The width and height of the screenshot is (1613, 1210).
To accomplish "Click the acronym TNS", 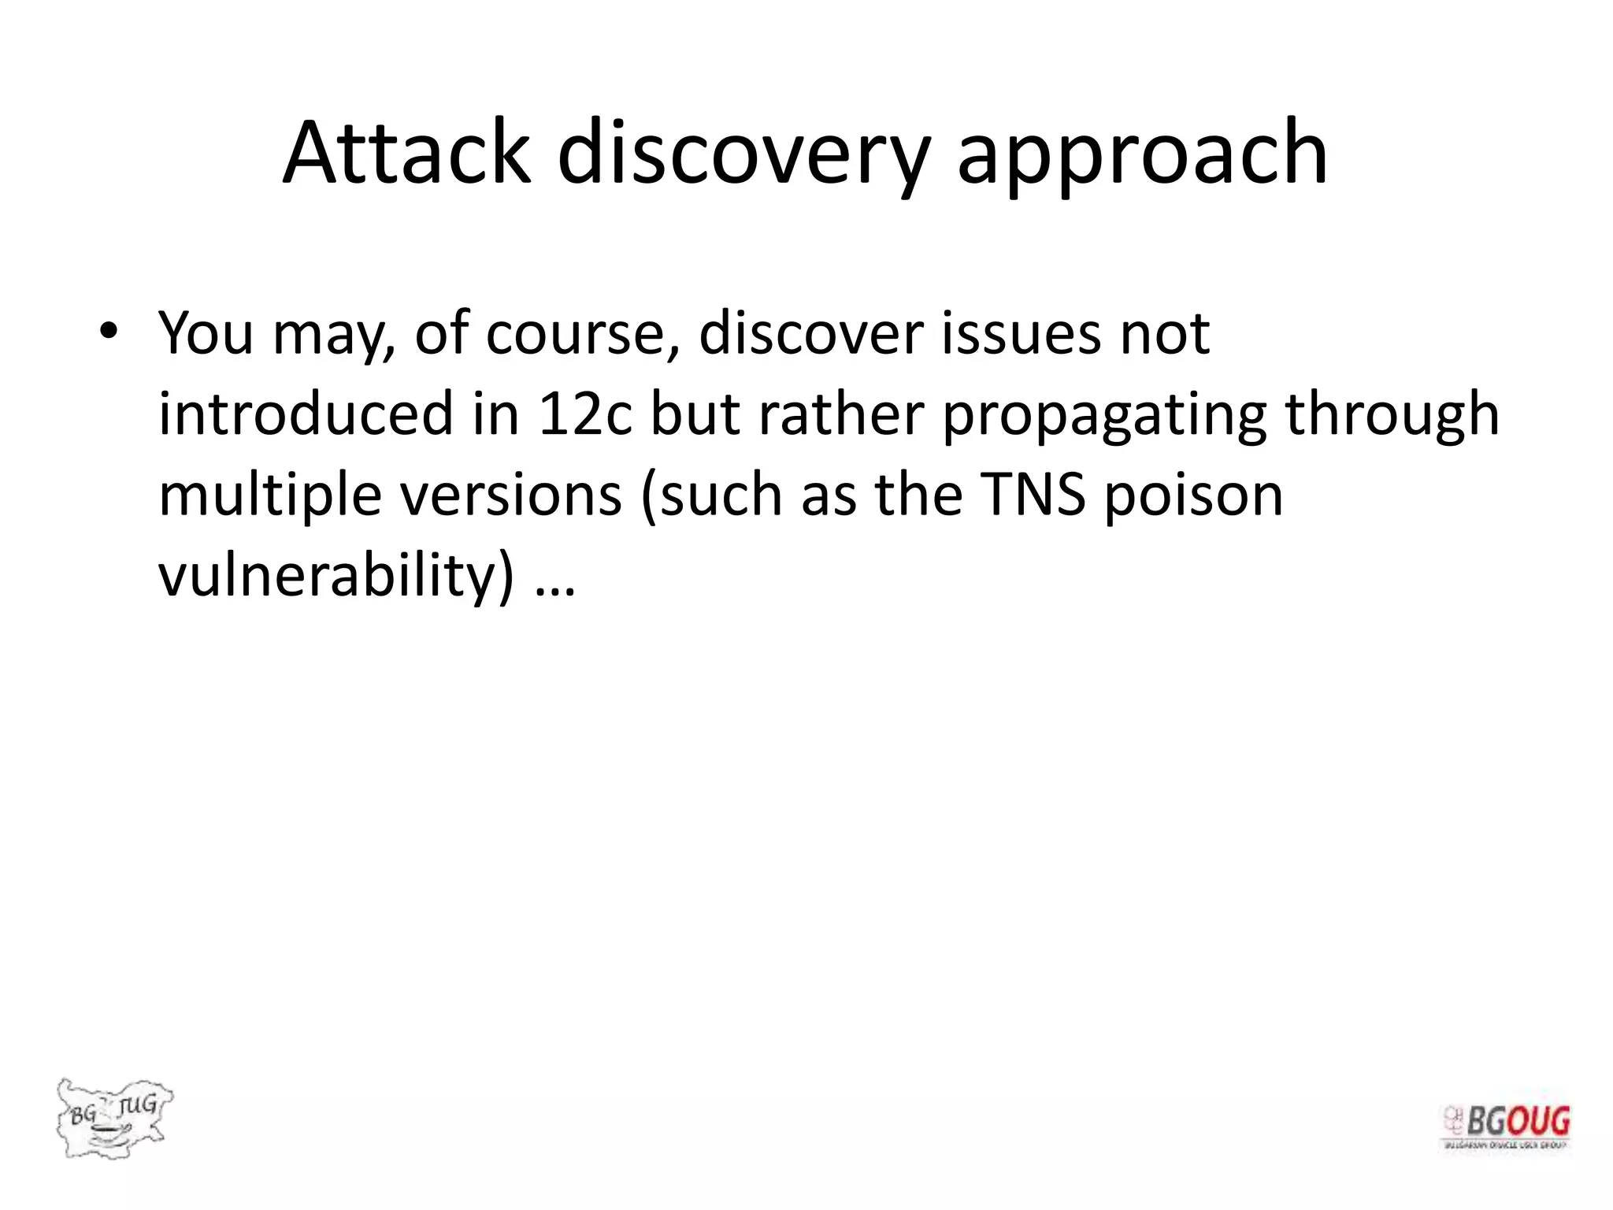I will (1033, 495).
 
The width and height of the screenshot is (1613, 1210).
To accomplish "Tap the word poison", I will (1193, 495).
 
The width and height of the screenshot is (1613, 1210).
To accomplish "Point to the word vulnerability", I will (336, 575).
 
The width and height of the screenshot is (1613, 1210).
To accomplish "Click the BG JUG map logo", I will (114, 1117).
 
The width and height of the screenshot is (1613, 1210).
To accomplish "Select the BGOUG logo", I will (1506, 1126).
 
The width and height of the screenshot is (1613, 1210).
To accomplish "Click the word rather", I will (840, 414).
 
